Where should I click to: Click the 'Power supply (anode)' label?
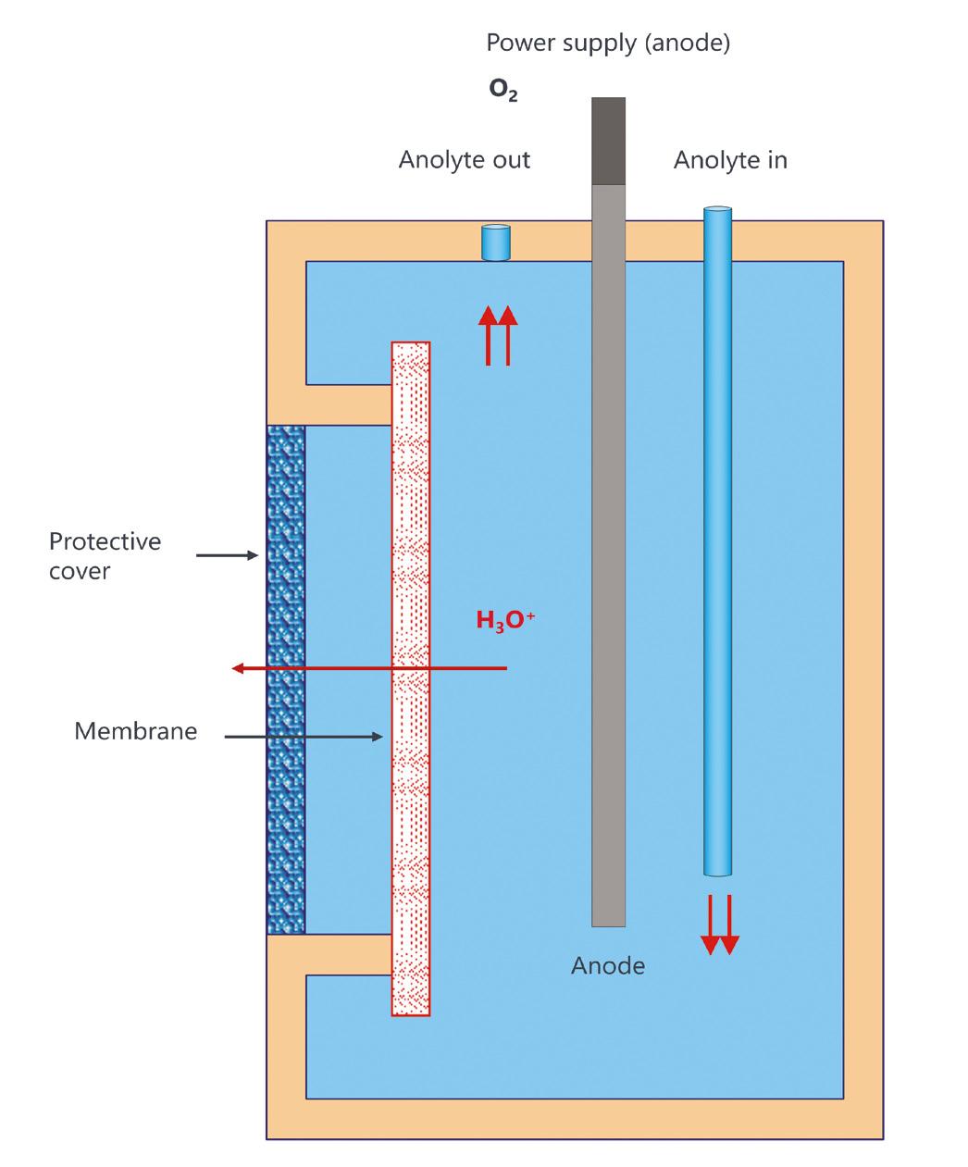point(608,43)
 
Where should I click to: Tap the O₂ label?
point(503,91)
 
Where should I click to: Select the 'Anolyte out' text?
point(464,160)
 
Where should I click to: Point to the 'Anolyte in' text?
point(730,160)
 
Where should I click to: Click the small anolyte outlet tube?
point(496,242)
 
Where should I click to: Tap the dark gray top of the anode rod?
point(608,141)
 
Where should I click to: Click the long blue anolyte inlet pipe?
point(717,537)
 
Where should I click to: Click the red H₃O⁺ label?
point(505,621)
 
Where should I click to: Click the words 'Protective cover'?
point(105,555)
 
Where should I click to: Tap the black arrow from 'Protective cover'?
point(227,555)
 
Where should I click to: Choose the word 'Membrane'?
point(135,731)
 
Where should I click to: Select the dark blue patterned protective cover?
point(285,680)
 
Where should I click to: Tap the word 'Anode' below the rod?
point(608,966)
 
